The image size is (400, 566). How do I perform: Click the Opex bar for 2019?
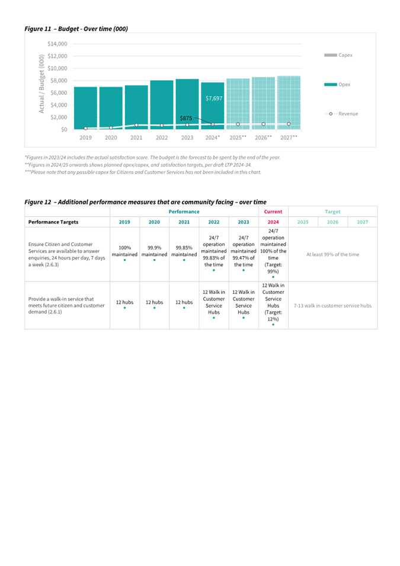[85, 108]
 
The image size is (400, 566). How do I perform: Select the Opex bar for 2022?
[162, 105]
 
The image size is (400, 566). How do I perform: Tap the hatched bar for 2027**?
[289, 103]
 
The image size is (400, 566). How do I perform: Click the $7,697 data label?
[214, 98]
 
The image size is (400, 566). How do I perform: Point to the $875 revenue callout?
[186, 119]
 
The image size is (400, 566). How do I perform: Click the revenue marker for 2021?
[136, 125]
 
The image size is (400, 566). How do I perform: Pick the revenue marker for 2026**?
[264, 124]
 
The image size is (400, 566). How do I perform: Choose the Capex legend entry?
[338, 55]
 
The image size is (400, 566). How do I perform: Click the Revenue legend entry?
[341, 114]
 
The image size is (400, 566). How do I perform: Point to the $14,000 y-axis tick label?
[57, 44]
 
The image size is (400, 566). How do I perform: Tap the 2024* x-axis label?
[213, 137]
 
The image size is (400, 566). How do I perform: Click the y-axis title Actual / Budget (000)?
[41, 84]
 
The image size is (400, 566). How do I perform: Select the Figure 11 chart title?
[76, 29]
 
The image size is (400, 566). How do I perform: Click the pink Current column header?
[273, 212]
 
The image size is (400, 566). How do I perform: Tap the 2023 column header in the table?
[244, 222]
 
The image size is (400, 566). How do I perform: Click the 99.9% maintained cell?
[154, 251]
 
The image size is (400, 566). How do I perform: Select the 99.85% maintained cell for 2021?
[184, 251]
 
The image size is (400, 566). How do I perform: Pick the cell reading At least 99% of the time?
[333, 254]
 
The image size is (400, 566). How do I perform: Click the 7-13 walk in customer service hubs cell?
[332, 305]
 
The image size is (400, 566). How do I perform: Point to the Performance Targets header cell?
[53, 222]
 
